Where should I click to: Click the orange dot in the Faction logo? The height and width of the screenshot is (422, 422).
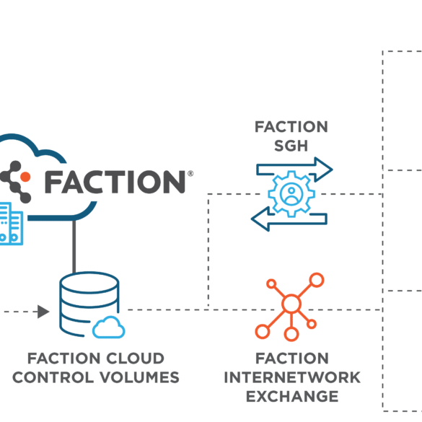[25, 177]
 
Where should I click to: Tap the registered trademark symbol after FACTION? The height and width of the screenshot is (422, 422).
[190, 174]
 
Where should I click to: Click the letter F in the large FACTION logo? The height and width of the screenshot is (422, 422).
[52, 182]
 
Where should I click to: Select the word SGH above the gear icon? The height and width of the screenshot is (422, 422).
[291, 146]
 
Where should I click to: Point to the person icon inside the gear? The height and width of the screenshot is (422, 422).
[291, 194]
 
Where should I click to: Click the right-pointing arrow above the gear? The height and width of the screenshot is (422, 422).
[295, 169]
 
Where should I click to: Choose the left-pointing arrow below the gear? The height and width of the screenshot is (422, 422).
[289, 219]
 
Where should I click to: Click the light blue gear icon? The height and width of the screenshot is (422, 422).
[291, 194]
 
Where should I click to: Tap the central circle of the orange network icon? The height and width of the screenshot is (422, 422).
[291, 304]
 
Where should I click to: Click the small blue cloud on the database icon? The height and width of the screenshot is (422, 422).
[109, 328]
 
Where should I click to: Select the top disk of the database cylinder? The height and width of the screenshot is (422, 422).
[89, 282]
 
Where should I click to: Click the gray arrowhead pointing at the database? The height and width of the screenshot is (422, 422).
[43, 312]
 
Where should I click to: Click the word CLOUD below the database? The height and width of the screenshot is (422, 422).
[135, 359]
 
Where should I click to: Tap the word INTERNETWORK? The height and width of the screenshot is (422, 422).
[292, 377]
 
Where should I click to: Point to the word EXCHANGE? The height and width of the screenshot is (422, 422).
[292, 397]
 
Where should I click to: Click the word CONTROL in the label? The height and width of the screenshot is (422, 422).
[53, 377]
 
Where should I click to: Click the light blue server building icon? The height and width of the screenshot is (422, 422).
[11, 224]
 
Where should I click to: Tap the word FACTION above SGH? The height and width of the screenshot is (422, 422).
[291, 127]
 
